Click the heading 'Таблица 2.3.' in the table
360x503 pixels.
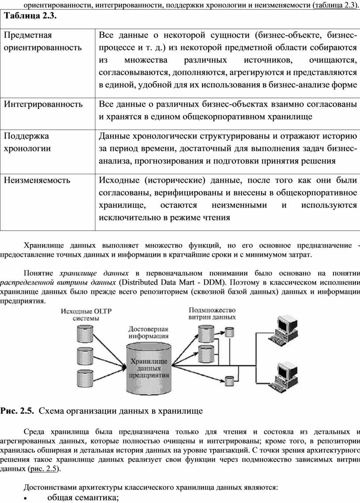pos(30,16)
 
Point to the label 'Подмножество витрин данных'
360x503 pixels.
pos(212,314)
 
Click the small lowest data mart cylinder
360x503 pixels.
pos(229,379)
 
